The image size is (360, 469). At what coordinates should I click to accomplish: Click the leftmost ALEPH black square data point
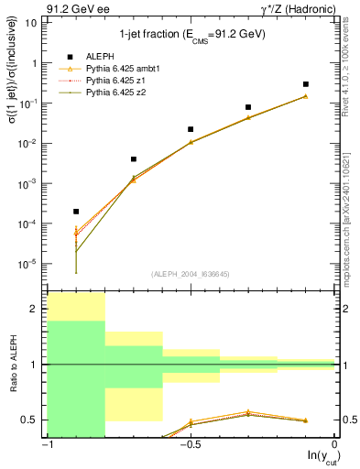(x=76, y=212)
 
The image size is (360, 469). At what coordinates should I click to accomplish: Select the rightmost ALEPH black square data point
(x=306, y=84)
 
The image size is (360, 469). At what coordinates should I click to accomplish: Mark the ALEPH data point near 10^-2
(x=191, y=129)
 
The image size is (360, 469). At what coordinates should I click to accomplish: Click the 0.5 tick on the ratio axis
(x=33, y=420)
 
